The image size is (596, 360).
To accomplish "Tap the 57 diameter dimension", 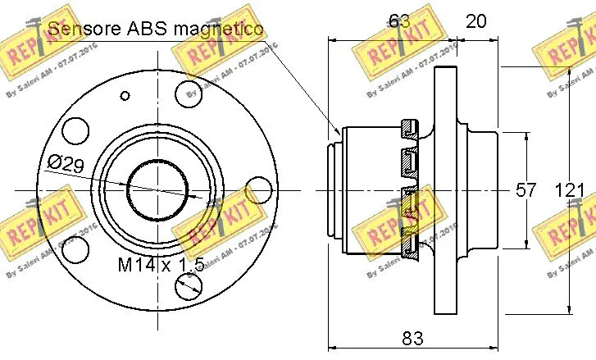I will (525, 190).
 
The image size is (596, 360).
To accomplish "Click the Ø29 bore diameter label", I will (65, 164).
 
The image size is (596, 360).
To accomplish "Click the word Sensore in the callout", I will (82, 30).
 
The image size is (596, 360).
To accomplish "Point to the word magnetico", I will (219, 30).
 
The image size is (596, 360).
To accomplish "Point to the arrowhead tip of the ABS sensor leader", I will (339, 132).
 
